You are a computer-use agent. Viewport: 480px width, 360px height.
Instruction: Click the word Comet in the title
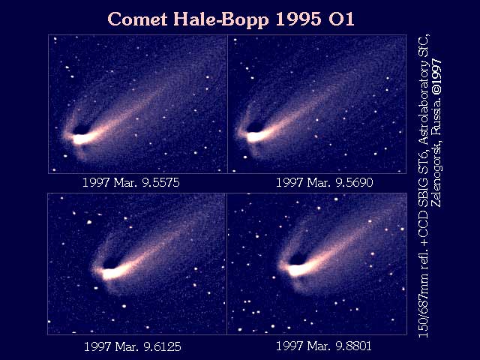coord(138,19)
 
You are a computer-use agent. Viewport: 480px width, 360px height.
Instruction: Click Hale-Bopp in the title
coord(221,20)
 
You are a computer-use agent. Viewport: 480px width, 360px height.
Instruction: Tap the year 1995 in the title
coord(298,19)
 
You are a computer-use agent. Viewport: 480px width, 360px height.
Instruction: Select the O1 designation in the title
coord(341,19)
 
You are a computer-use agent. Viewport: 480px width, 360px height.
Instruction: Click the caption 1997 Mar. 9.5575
coord(131,183)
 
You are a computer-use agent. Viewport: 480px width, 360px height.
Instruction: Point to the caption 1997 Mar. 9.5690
coord(325,183)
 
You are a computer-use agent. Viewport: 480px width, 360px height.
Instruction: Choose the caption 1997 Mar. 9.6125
coord(132,346)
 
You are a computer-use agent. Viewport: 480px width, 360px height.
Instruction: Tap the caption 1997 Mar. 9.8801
coord(324,346)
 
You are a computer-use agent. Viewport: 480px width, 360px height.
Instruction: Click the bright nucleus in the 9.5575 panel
coord(81,139)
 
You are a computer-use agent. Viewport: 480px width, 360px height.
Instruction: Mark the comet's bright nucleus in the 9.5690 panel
coord(255,136)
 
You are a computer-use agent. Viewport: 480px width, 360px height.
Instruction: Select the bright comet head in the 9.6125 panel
coord(111,273)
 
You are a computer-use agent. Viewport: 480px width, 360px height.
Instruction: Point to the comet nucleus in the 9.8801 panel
coord(297,271)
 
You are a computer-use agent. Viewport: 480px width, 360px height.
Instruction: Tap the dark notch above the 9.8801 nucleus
coord(298,260)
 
